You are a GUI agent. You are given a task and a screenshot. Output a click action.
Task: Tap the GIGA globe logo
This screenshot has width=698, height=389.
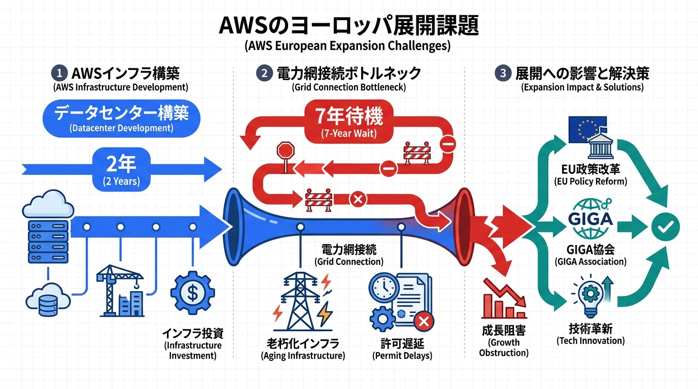click(x=591, y=219)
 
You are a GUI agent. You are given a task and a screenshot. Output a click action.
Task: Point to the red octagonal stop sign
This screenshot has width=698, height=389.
click(x=286, y=151)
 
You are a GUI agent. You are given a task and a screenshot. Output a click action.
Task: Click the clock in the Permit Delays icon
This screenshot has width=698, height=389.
click(x=383, y=287)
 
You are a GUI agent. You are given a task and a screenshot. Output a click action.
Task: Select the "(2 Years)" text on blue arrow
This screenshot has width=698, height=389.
click(x=122, y=181)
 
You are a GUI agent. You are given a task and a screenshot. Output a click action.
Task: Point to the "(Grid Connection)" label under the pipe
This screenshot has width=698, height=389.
click(x=349, y=262)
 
